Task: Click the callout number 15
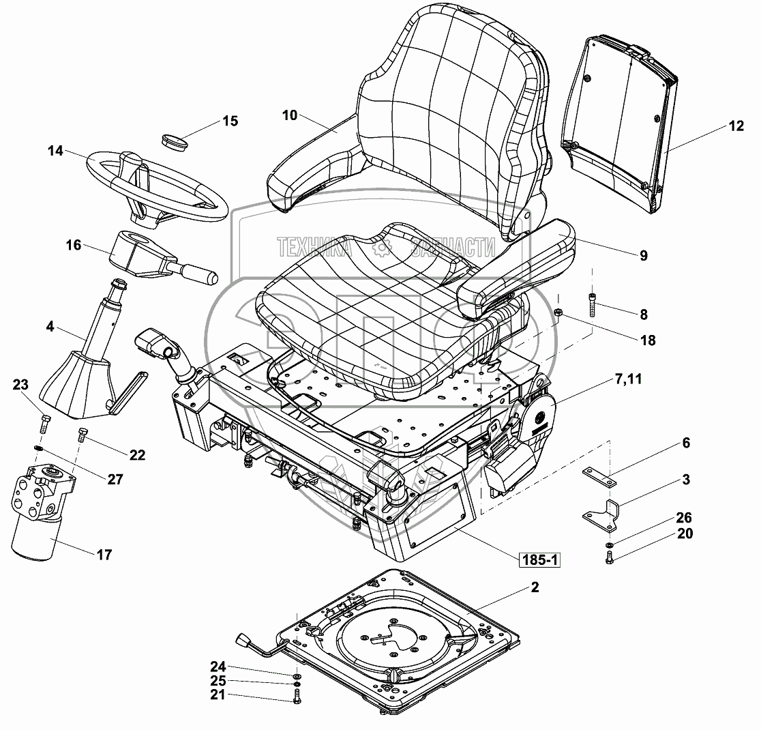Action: pos(230,121)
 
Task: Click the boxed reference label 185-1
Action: pos(539,561)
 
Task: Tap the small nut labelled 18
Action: pos(557,315)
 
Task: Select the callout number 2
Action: pos(535,587)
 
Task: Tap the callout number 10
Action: pos(289,115)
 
